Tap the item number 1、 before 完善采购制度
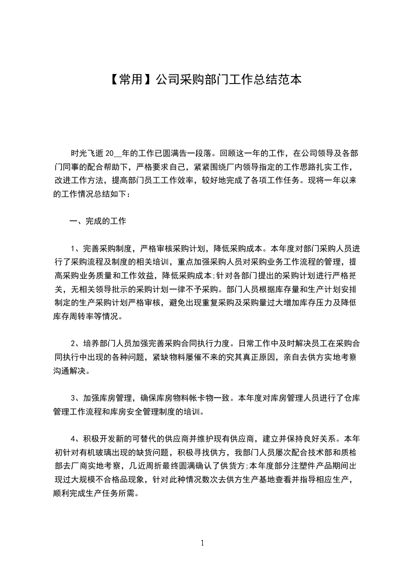tap(74, 249)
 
